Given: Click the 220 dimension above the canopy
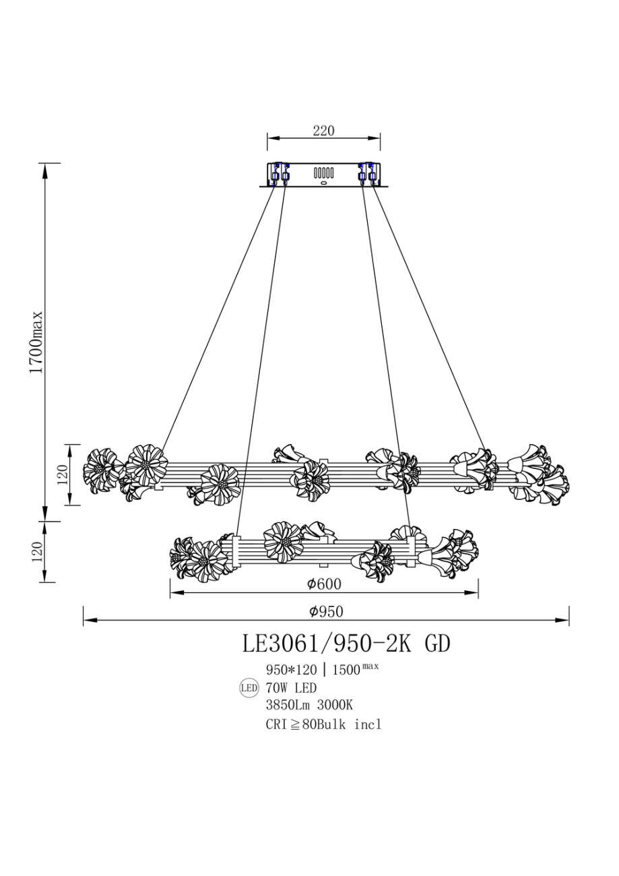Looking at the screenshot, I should (x=323, y=131).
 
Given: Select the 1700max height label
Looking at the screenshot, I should (x=36, y=342).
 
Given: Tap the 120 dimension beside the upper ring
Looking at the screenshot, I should (x=63, y=474).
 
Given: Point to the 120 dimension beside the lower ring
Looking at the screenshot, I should (x=37, y=551).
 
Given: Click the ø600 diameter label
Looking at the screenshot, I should (x=323, y=585).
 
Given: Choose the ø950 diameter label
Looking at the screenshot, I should (x=326, y=611).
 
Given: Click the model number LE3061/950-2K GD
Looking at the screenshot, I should (x=346, y=644).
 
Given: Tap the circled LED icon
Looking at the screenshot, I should (x=249, y=688).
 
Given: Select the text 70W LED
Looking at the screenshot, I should (x=291, y=688).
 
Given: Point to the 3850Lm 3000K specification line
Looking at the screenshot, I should (x=309, y=706).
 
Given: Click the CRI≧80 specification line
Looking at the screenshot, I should (x=323, y=724).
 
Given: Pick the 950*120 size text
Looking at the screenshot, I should (x=292, y=670).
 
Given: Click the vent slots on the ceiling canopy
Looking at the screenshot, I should (x=323, y=173).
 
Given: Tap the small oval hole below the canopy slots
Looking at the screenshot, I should (x=323, y=182).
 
